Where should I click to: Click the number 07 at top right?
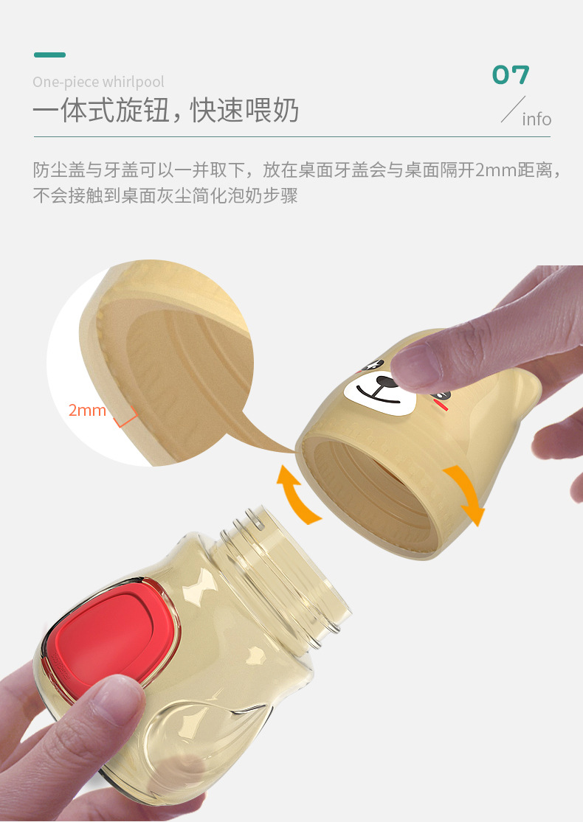coord(511,74)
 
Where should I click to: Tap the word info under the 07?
coord(537,119)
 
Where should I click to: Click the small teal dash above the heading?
coord(49,55)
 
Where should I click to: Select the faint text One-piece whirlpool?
coord(98,82)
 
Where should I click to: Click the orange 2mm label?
coord(88,410)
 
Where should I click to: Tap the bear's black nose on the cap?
coord(385,381)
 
